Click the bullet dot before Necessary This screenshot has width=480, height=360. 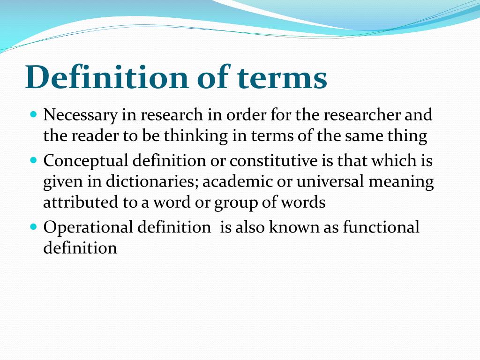click(33, 114)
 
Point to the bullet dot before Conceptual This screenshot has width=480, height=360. click(33, 160)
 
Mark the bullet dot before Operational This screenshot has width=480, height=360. click(33, 226)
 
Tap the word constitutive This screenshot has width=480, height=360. click(273, 161)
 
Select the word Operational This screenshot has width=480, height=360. click(88, 228)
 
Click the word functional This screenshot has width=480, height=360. click(381, 227)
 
